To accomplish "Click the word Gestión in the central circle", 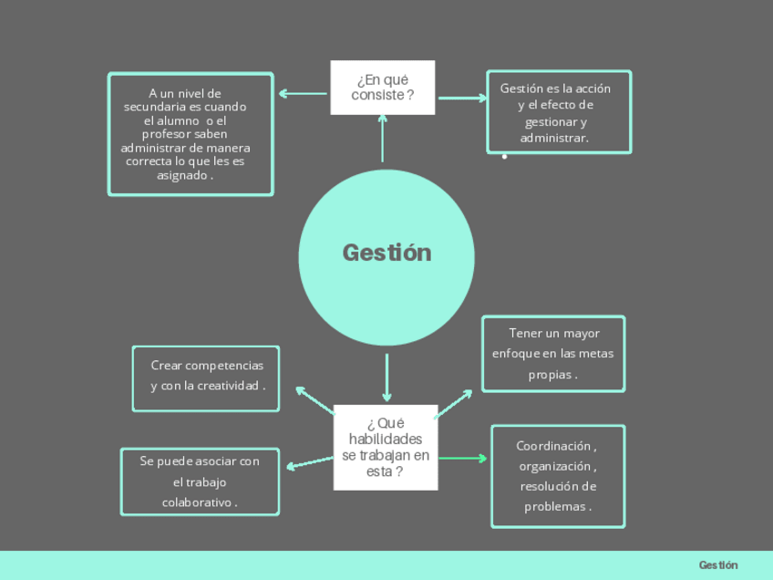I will [x=386, y=253].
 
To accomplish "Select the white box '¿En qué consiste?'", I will [x=382, y=88].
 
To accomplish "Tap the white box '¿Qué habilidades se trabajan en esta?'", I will [x=386, y=447].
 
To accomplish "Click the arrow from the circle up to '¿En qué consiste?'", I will [x=382, y=137].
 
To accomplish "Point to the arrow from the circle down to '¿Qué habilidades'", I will [x=386, y=377].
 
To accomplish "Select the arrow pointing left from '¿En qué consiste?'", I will [x=302, y=93].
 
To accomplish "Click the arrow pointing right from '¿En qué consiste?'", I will [x=461, y=98].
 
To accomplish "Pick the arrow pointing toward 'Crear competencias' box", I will [x=314, y=399].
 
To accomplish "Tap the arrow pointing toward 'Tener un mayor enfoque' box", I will [x=453, y=403].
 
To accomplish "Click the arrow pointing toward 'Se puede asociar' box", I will [x=310, y=462].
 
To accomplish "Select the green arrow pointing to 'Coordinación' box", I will [x=463, y=458].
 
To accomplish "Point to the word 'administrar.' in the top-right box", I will [x=554, y=138].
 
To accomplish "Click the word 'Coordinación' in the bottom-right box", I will [x=553, y=446].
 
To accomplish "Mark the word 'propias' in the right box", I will [x=551, y=374].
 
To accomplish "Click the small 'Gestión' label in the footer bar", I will [x=718, y=565].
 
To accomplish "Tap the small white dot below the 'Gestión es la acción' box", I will [x=504, y=157].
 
